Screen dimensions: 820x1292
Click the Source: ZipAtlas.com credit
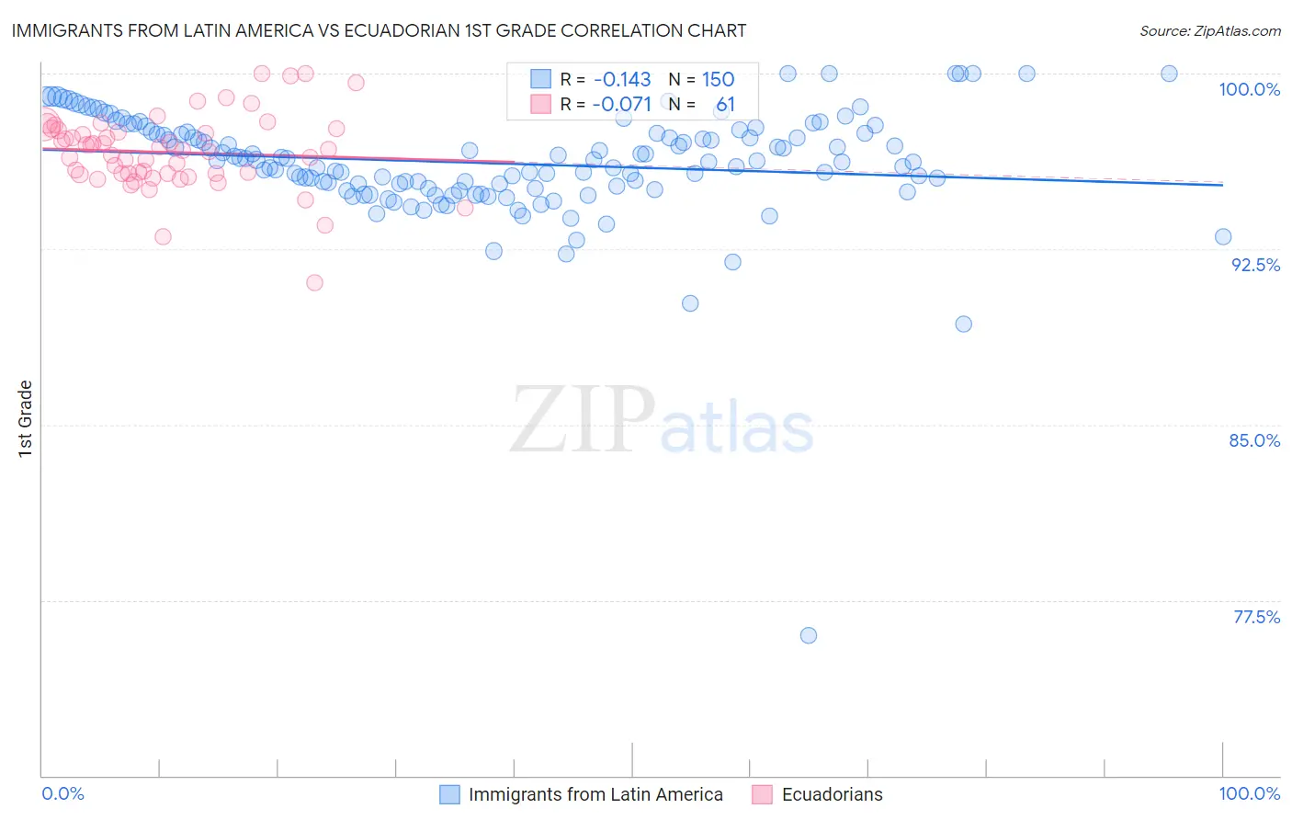click(1209, 30)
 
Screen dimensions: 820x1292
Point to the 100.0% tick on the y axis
click(1249, 89)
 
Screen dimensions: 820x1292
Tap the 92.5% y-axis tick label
click(1255, 265)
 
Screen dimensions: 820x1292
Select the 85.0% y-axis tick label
click(1254, 440)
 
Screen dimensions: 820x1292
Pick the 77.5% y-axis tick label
click(1256, 617)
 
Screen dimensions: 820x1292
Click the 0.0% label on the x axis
click(63, 793)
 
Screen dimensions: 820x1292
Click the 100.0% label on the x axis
click(1249, 793)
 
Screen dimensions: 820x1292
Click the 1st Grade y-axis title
click(26, 418)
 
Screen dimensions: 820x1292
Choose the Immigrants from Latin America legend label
click(595, 794)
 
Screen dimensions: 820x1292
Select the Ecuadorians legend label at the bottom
click(832, 794)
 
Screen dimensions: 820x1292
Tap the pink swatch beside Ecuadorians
click(762, 794)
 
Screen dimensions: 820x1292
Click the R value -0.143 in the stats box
click(621, 79)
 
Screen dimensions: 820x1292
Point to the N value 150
click(718, 79)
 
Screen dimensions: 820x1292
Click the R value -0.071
click(621, 104)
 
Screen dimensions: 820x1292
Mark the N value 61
click(725, 104)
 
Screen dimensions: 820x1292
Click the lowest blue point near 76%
click(809, 635)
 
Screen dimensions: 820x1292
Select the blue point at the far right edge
click(1223, 236)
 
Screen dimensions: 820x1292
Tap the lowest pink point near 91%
click(314, 282)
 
